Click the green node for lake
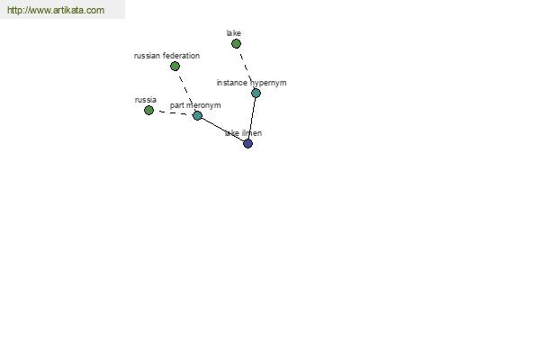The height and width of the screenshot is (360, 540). [236, 44]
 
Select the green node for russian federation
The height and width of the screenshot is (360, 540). [175, 66]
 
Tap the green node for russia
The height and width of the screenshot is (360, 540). [148, 110]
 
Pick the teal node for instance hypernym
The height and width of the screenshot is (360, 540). [256, 93]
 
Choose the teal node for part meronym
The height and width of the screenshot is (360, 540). [197, 115]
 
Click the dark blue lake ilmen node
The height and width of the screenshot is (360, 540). [248, 143]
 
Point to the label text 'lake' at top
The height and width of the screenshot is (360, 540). [233, 33]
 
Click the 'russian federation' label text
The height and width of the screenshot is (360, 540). [166, 56]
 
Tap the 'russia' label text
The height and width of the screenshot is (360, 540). [146, 100]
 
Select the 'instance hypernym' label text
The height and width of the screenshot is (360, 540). [251, 83]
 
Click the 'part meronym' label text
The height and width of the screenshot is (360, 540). [195, 105]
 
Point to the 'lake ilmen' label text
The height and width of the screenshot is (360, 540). [243, 133]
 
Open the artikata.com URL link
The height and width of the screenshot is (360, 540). [56, 10]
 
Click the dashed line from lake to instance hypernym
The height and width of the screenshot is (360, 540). [246, 67]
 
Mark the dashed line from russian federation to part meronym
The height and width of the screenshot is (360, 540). [186, 90]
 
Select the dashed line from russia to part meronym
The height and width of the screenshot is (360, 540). [173, 112]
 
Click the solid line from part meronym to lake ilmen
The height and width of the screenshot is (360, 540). [222, 130]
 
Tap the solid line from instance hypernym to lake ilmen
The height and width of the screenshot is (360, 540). [252, 118]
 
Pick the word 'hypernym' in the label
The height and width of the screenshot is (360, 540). [268, 84]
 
